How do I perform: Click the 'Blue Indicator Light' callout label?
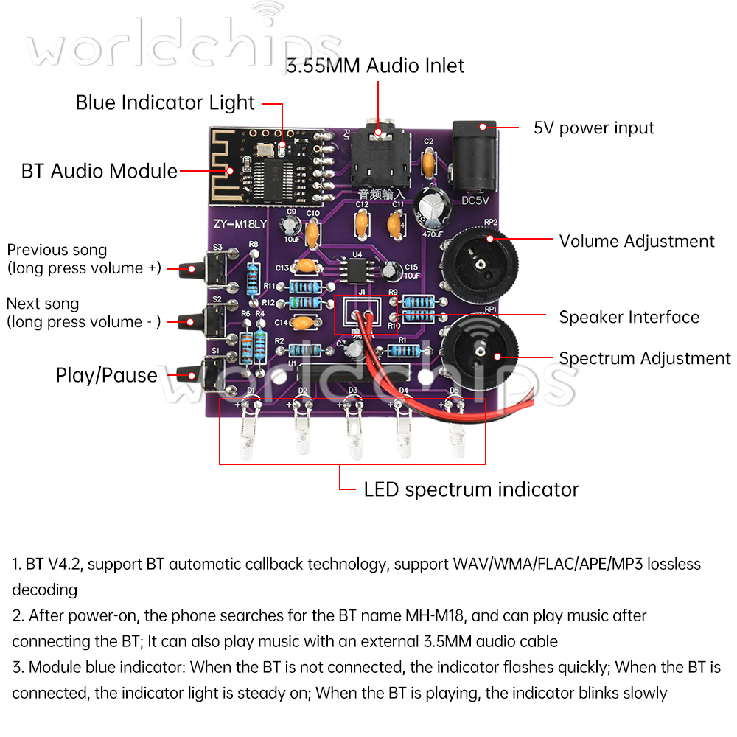tap(165, 102)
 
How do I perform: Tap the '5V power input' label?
tap(593, 128)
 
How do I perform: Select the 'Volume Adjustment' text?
tap(637, 241)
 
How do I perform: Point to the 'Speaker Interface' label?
tap(629, 317)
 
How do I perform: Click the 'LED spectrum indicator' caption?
tap(471, 489)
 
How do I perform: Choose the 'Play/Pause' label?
tap(107, 375)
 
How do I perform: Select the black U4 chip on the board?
tap(357, 270)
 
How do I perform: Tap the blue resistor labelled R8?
tap(254, 263)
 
